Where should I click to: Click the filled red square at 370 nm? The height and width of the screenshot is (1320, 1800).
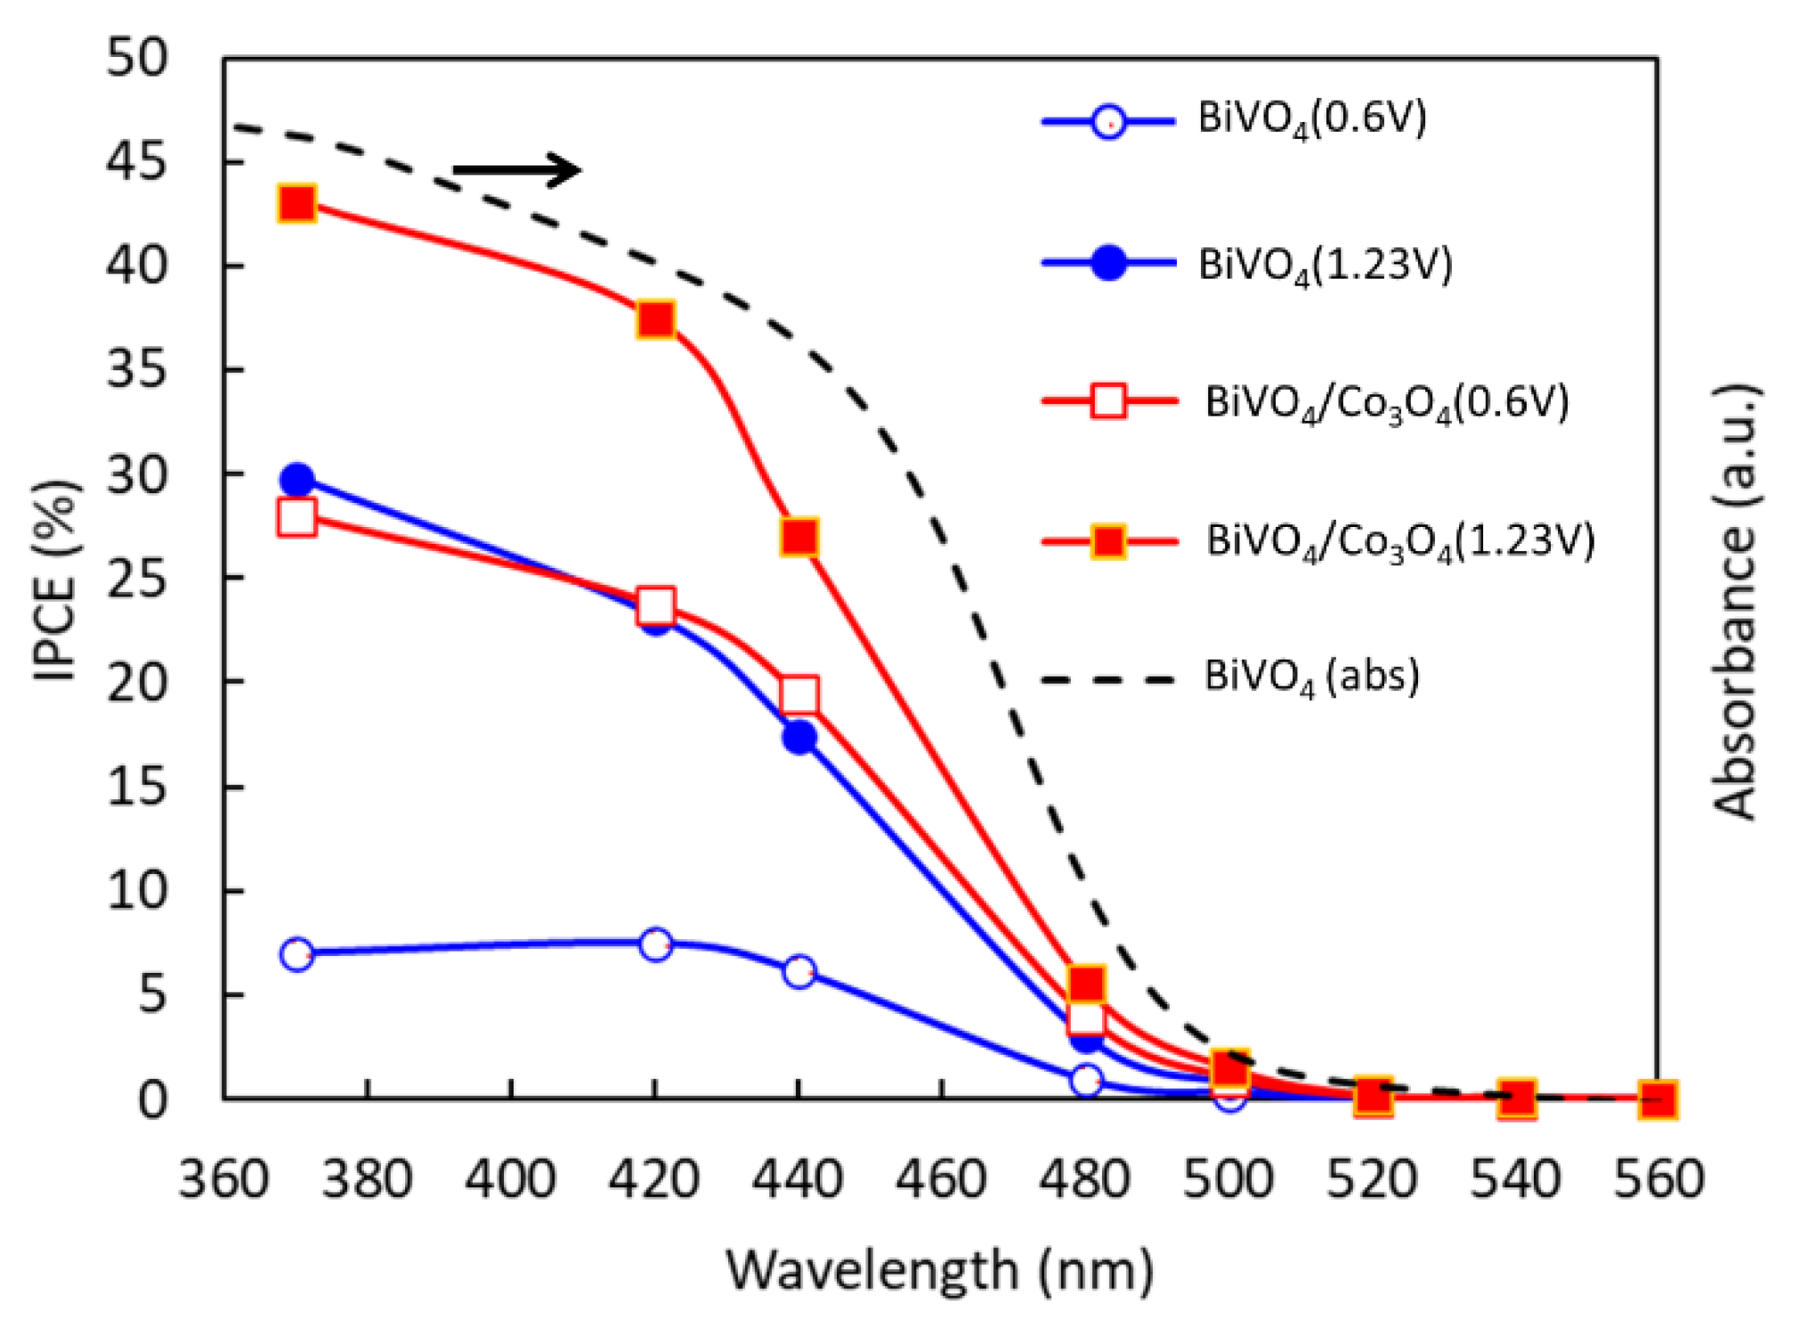pyautogui.click(x=296, y=205)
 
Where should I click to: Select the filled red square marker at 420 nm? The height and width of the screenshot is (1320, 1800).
pyautogui.click(x=655, y=320)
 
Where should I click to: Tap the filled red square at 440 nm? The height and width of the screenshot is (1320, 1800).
pyautogui.click(x=799, y=538)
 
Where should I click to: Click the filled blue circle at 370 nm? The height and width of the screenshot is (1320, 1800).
pyautogui.click(x=296, y=481)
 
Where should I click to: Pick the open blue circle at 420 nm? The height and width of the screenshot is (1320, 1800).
pyautogui.click(x=655, y=944)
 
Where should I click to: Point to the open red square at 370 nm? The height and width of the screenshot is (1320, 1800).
pyautogui.click(x=296, y=516)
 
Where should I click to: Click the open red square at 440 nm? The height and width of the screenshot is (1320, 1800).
pyautogui.click(x=799, y=695)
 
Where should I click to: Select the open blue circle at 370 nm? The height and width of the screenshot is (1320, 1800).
pyautogui.click(x=296, y=955)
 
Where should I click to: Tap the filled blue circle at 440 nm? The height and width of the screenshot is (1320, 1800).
pyautogui.click(x=799, y=737)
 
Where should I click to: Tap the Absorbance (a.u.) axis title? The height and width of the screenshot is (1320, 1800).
pyautogui.click(x=1734, y=602)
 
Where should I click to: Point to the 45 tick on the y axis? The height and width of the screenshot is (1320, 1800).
pyautogui.click(x=136, y=162)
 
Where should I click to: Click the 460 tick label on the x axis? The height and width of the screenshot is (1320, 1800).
pyautogui.click(x=942, y=1179)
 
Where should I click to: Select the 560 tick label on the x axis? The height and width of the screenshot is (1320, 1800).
pyautogui.click(x=1658, y=1179)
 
